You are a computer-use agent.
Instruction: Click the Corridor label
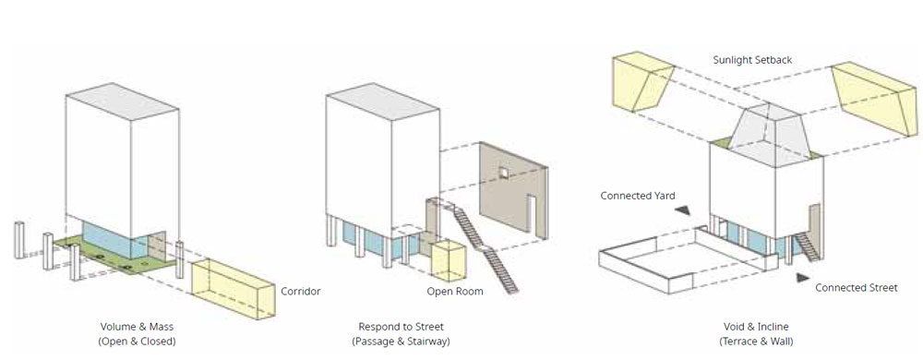(300, 291)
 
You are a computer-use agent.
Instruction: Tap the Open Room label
(455, 291)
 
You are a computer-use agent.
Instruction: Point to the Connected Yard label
(638, 196)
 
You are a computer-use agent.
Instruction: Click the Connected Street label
(857, 288)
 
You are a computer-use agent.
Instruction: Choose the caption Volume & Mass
(138, 327)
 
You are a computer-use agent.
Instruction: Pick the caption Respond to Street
(401, 327)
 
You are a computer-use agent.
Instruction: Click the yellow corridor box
(234, 288)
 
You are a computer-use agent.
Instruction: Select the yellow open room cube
(450, 259)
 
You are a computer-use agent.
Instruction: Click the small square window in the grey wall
(504, 173)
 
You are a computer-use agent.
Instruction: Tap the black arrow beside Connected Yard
(683, 210)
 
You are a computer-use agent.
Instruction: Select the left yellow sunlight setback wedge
(643, 82)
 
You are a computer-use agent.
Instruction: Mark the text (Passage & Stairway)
(401, 342)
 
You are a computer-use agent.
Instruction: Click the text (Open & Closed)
(138, 342)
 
